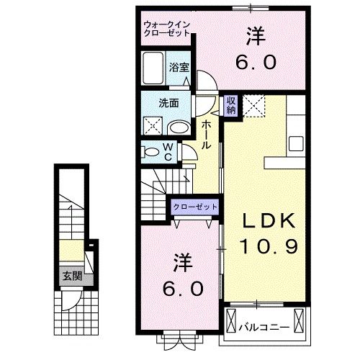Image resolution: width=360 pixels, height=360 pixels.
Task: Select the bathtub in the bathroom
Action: (153, 69)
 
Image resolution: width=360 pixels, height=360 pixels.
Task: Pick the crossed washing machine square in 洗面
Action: (153, 126)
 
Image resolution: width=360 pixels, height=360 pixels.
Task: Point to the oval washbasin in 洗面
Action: (179, 127)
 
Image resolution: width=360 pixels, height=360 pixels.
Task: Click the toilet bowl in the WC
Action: (152, 152)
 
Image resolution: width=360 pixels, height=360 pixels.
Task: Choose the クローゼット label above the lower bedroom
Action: (194, 207)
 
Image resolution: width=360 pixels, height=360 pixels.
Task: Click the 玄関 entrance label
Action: (70, 276)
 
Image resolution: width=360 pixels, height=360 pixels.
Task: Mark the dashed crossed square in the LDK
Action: (254, 106)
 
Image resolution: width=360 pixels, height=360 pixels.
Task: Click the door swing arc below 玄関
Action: (68, 301)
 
